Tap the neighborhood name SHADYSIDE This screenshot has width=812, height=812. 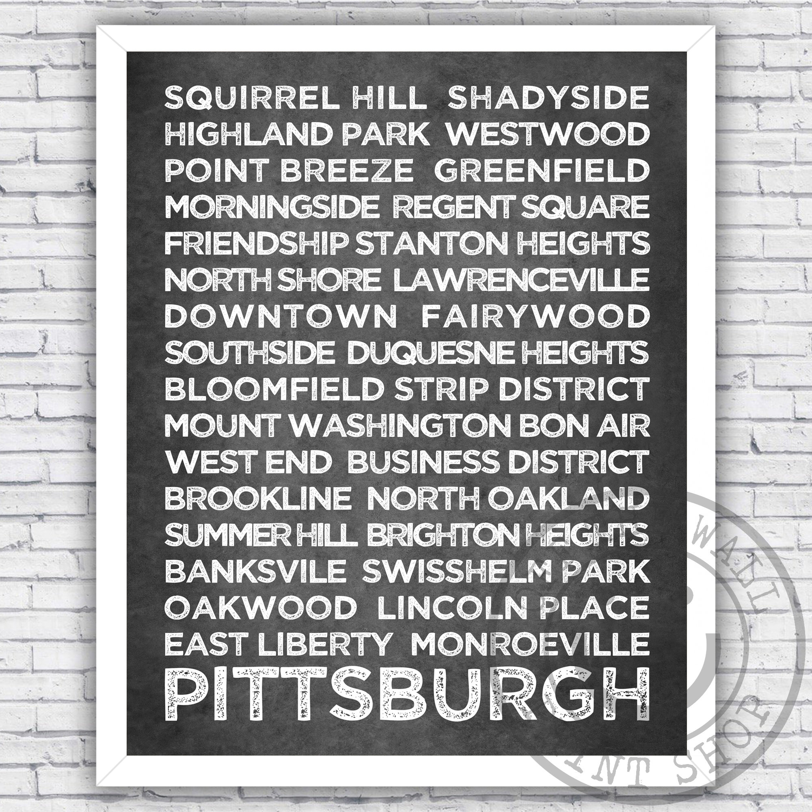(549, 97)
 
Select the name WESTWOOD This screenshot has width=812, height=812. (548, 134)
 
